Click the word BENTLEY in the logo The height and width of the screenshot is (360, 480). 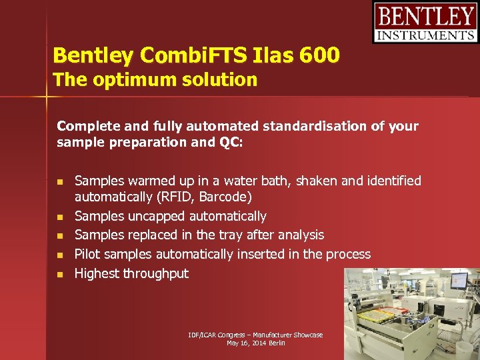tap(425, 16)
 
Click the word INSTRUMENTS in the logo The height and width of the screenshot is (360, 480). tap(425, 35)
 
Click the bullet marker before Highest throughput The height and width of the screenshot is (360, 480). tap(60, 274)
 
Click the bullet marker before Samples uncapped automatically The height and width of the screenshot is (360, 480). tap(60, 217)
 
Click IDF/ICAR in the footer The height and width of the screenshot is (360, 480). tap(203, 335)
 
